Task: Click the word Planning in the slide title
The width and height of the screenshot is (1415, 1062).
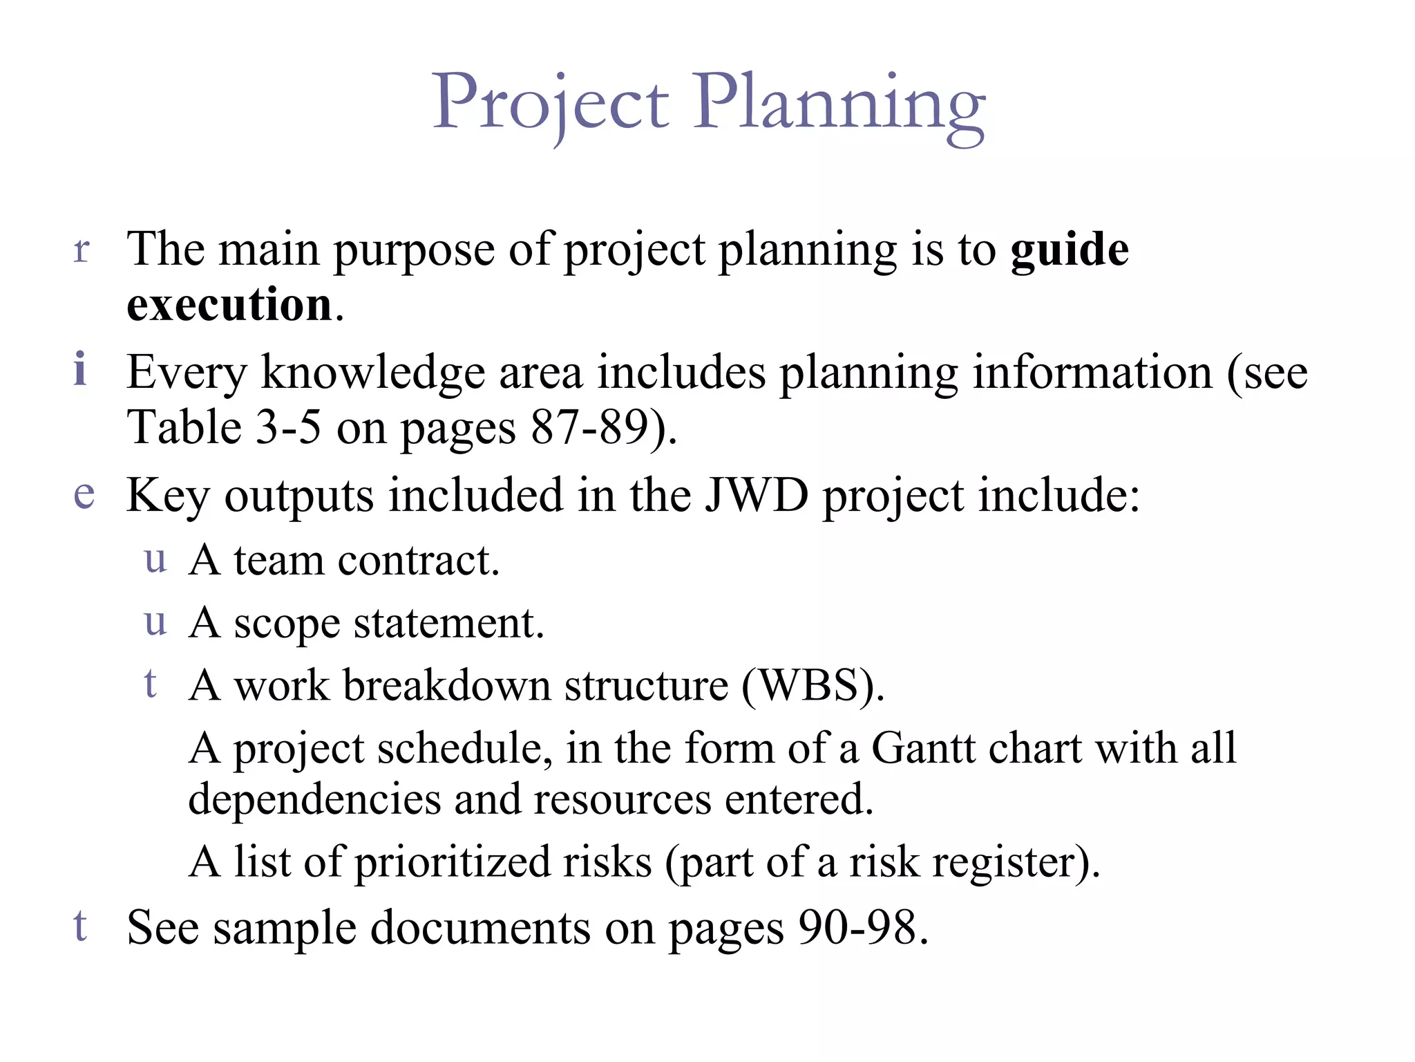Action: click(x=839, y=104)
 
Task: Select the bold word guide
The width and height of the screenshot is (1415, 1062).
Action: click(x=1070, y=250)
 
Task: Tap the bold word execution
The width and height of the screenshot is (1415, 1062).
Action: click(x=229, y=305)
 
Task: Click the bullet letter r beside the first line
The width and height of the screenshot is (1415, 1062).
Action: click(x=82, y=250)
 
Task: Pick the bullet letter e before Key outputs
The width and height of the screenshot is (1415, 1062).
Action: click(x=84, y=494)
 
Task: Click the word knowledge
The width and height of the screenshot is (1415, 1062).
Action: click(x=373, y=373)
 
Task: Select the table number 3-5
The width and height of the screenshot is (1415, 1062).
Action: click(x=288, y=428)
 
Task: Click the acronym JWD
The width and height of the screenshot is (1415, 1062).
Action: click(x=757, y=496)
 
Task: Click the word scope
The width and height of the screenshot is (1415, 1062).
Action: click(x=287, y=624)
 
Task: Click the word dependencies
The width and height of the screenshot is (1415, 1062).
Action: click(x=314, y=800)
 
